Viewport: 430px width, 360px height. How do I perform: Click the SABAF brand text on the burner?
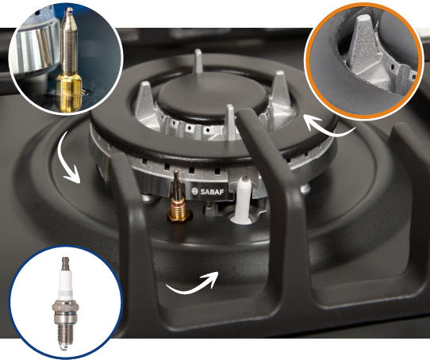click(x=212, y=192)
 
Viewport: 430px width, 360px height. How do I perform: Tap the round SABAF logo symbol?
click(x=194, y=191)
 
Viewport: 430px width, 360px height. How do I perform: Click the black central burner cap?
click(x=213, y=98)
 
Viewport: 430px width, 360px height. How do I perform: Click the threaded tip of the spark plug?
click(x=64, y=336)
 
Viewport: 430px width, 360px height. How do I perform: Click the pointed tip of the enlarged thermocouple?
click(x=69, y=11)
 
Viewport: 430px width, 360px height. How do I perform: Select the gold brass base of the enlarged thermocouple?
click(x=69, y=94)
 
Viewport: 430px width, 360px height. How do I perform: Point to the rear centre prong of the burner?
click(x=198, y=61)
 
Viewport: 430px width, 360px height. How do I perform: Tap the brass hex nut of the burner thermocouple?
click(x=179, y=217)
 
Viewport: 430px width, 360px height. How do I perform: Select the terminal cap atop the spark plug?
click(x=65, y=262)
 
